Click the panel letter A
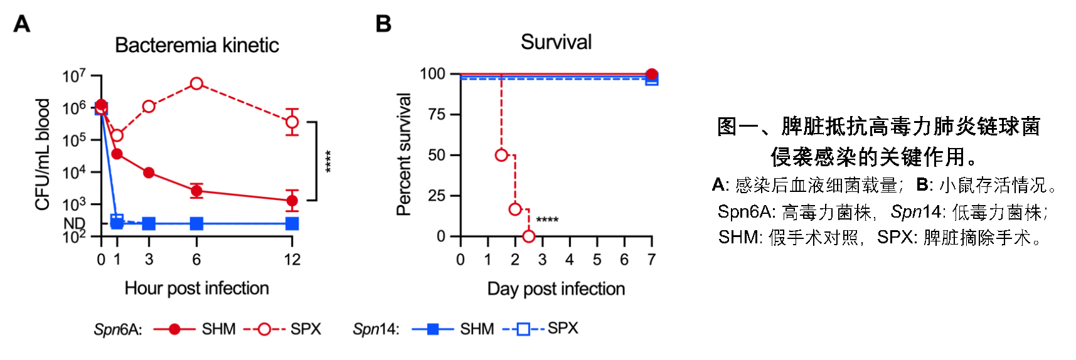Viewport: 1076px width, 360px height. [22, 24]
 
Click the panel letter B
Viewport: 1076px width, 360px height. [383, 24]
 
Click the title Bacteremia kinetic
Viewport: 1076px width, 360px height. [196, 45]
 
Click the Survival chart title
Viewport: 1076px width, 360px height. [556, 42]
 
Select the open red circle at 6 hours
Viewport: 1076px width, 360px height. [196, 83]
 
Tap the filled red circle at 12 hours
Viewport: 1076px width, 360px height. [292, 201]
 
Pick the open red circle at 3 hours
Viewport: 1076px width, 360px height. [149, 107]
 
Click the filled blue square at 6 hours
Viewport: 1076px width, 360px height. [196, 223]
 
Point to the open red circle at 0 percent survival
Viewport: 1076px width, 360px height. [528, 236]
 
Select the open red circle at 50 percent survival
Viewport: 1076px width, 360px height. [501, 155]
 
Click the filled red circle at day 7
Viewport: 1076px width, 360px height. [652, 74]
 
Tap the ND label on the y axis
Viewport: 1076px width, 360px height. [74, 223]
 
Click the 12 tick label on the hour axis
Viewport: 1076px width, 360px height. [292, 260]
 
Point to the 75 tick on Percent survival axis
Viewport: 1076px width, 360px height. [437, 115]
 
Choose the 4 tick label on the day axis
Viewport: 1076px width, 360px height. [570, 260]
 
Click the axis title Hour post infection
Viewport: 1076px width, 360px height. [196, 288]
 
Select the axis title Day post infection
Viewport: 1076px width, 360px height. [556, 289]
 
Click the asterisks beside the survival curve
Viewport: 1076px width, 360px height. [547, 220]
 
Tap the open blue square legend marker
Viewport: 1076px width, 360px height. [523, 329]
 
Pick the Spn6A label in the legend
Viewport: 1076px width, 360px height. [118, 329]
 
